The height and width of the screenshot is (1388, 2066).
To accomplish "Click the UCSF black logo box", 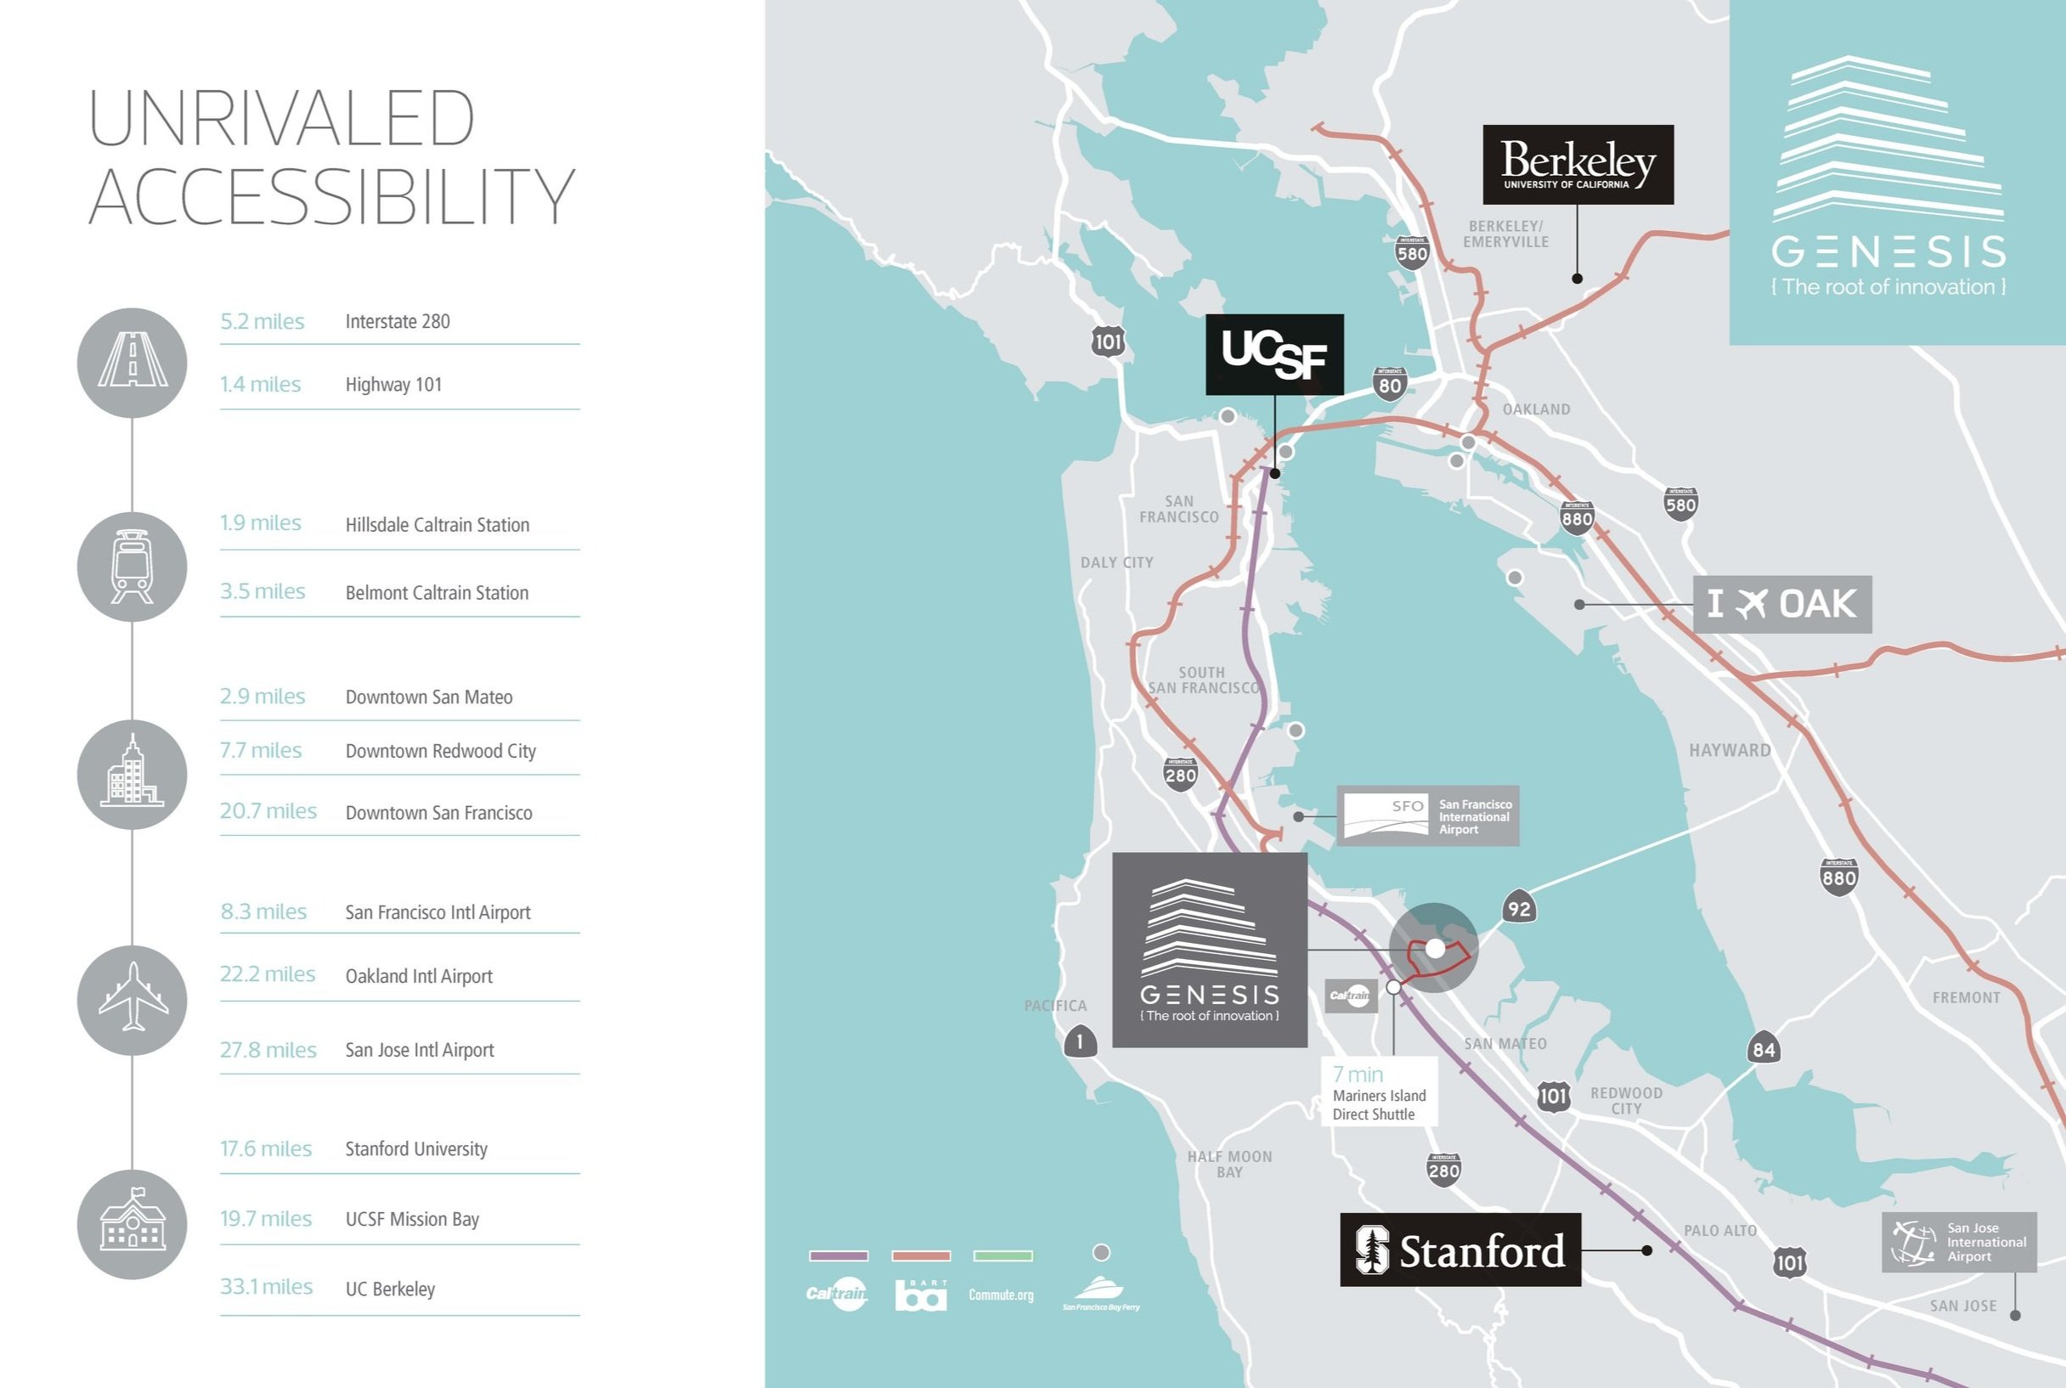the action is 1273,354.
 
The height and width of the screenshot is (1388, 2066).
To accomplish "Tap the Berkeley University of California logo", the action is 1578,165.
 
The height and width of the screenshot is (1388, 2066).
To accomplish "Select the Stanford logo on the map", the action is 1459,1249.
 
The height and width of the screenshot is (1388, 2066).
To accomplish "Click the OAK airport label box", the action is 1782,604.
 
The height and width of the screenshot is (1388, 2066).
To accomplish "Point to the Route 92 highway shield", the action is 1519,907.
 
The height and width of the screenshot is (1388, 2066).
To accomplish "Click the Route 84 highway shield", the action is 1764,1049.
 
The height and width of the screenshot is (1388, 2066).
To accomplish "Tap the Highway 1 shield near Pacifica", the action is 1079,1041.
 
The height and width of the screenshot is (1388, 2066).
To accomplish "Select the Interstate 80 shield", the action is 1390,384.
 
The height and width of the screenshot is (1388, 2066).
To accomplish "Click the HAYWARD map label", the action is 1730,751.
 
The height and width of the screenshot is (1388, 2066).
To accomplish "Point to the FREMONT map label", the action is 1966,997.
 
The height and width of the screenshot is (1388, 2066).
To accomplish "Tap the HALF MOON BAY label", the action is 1228,1164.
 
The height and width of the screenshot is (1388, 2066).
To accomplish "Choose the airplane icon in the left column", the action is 132,1000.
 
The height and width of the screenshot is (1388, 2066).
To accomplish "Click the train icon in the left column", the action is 132,567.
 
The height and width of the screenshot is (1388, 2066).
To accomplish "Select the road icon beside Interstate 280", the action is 132,363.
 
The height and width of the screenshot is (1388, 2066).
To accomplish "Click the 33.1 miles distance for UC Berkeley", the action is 266,1286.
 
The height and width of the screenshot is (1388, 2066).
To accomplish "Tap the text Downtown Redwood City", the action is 440,751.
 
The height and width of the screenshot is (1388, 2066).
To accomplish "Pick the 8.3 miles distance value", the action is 262,911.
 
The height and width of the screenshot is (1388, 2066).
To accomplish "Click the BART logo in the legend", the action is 921,1295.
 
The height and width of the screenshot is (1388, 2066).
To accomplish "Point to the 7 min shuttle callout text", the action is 1357,1075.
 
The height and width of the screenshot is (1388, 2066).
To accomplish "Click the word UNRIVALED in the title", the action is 281,119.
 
